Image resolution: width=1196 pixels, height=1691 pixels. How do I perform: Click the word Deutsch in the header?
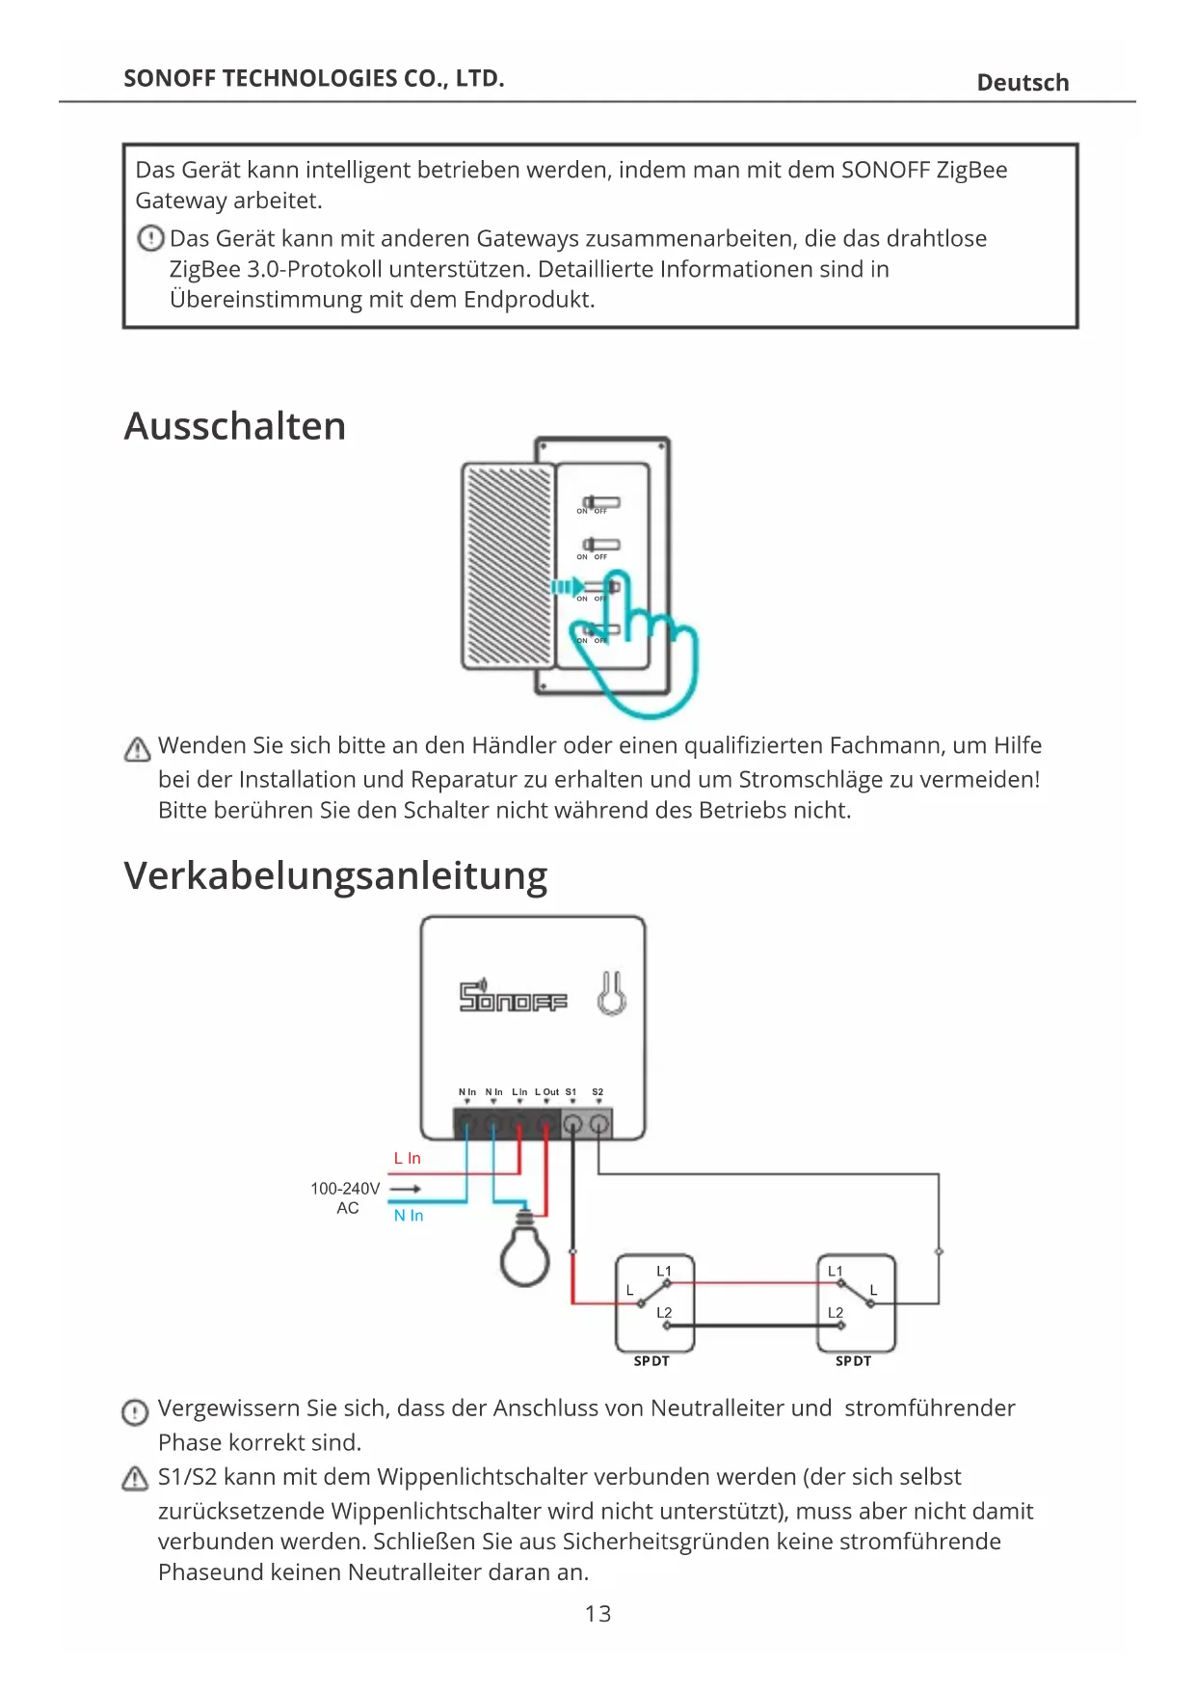tap(1023, 83)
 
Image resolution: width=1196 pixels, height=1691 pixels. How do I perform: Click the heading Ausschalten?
tap(235, 426)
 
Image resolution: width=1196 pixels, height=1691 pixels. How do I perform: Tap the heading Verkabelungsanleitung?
tap(335, 875)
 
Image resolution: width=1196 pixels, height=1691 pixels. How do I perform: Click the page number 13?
tap(598, 1614)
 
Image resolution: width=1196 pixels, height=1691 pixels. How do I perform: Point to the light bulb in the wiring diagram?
tap(525, 1252)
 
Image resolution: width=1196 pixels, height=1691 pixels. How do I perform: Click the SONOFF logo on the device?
tap(513, 997)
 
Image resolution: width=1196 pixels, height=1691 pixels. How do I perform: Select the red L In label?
tap(408, 1159)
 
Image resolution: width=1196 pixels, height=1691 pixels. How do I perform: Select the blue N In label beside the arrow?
tap(409, 1216)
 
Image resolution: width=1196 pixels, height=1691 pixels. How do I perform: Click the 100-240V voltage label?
tap(345, 1189)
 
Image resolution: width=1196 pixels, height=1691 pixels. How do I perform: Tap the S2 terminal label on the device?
tap(598, 1092)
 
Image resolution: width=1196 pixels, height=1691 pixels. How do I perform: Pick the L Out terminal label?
tap(546, 1092)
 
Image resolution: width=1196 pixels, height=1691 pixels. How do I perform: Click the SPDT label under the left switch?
tap(651, 1361)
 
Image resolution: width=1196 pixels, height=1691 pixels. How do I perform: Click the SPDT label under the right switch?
tap(853, 1361)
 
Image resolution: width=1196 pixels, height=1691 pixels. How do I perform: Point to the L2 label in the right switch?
tap(835, 1313)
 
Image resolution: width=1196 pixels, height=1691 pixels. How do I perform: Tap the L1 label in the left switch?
tap(664, 1272)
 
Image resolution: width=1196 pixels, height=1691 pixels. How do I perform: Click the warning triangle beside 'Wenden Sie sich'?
tap(137, 749)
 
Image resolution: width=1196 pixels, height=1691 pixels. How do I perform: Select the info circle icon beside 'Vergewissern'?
tap(135, 1412)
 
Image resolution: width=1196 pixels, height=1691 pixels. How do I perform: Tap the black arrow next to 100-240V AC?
tap(405, 1190)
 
